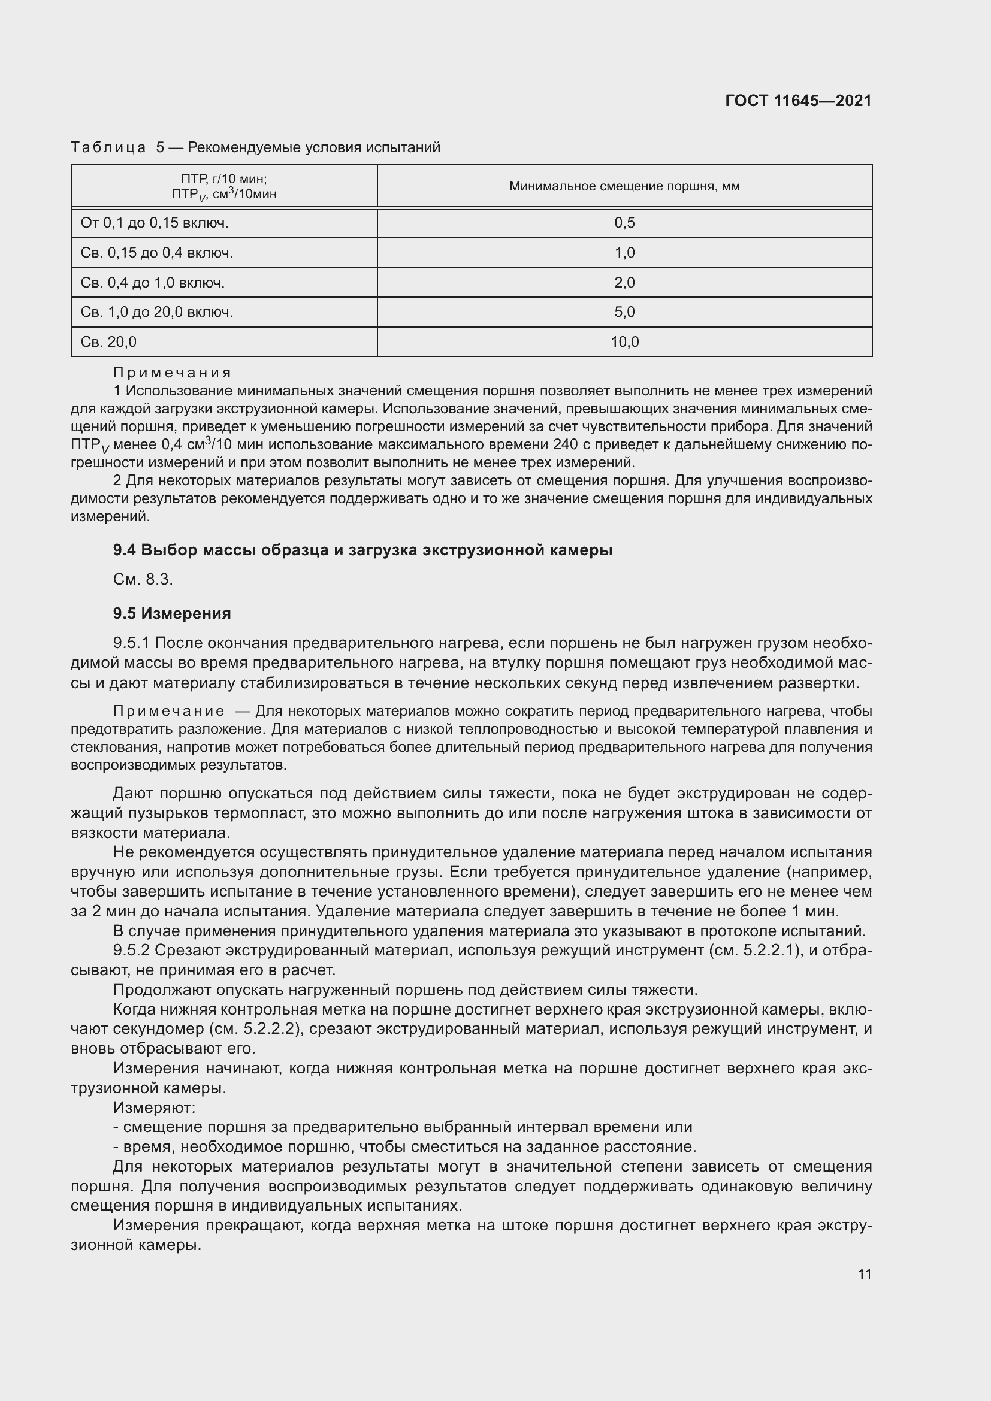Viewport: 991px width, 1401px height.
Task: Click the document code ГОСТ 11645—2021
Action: tap(798, 101)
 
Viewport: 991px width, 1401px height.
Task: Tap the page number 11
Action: tap(864, 1274)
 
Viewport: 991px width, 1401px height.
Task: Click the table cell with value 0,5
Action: tap(624, 223)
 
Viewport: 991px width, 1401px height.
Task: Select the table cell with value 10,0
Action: tap(624, 341)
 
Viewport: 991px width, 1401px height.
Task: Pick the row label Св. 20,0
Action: tap(108, 341)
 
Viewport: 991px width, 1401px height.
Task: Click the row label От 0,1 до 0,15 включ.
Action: tap(155, 223)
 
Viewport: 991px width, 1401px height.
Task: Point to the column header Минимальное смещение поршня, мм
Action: tap(624, 186)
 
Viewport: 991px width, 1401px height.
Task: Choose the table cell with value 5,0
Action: tap(624, 312)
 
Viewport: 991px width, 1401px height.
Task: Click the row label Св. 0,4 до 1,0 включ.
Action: tap(153, 283)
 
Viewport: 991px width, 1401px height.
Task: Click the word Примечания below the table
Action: tap(172, 372)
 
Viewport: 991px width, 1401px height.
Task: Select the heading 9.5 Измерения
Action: tap(171, 613)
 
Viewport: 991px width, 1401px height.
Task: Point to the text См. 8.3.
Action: tap(143, 579)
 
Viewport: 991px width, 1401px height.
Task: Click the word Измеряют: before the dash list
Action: tap(154, 1107)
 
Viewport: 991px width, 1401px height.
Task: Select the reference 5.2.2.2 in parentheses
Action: tap(269, 1029)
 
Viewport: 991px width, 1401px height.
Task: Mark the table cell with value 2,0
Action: tap(624, 283)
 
